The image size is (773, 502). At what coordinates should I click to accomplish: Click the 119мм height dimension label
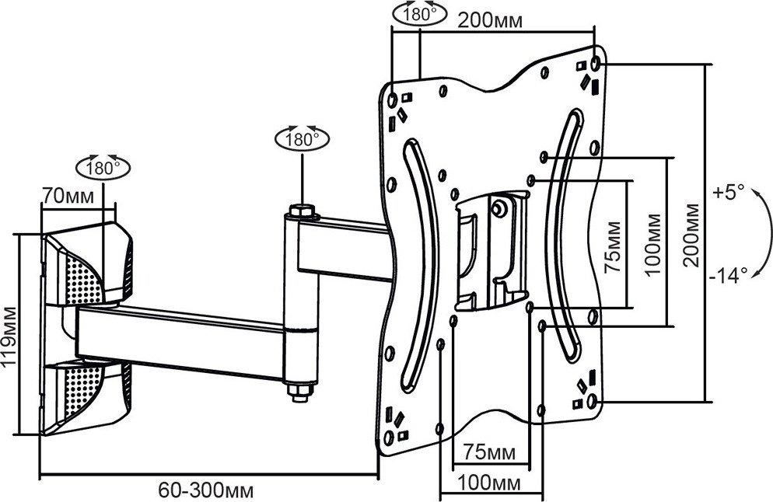9,336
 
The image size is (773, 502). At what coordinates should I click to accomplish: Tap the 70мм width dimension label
68,196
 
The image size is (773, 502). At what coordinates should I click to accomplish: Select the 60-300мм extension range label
206,490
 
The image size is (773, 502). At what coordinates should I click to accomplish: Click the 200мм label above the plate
491,20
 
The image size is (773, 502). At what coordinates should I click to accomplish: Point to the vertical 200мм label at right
691,235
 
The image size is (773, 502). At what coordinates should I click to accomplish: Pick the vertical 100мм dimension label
653,244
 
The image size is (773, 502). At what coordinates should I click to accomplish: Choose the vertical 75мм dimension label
613,247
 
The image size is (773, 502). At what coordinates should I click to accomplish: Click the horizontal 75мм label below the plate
489,451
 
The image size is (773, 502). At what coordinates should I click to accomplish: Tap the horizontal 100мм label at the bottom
489,483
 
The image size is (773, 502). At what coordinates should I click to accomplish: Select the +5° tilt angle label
728,193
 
